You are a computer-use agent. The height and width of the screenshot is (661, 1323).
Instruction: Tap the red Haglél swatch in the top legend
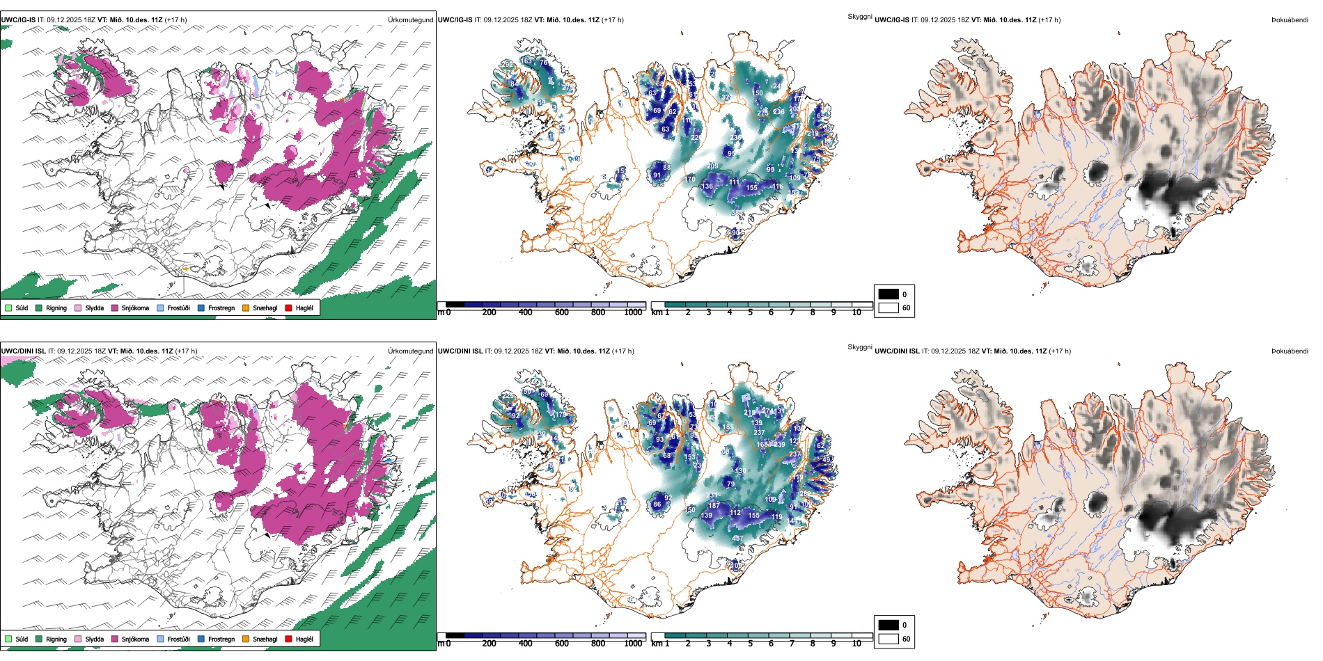pos(288,308)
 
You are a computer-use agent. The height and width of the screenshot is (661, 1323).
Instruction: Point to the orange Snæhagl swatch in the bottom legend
pos(246,639)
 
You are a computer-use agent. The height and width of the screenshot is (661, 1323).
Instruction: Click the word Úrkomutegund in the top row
pos(410,20)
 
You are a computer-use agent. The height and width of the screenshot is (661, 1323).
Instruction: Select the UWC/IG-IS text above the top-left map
pos(18,20)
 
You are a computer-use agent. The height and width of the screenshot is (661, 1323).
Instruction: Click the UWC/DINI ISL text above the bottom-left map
pos(23,351)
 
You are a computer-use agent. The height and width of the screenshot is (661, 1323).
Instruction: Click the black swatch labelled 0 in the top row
pos(888,294)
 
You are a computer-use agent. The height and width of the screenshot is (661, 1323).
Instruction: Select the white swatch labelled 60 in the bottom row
pos(888,639)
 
